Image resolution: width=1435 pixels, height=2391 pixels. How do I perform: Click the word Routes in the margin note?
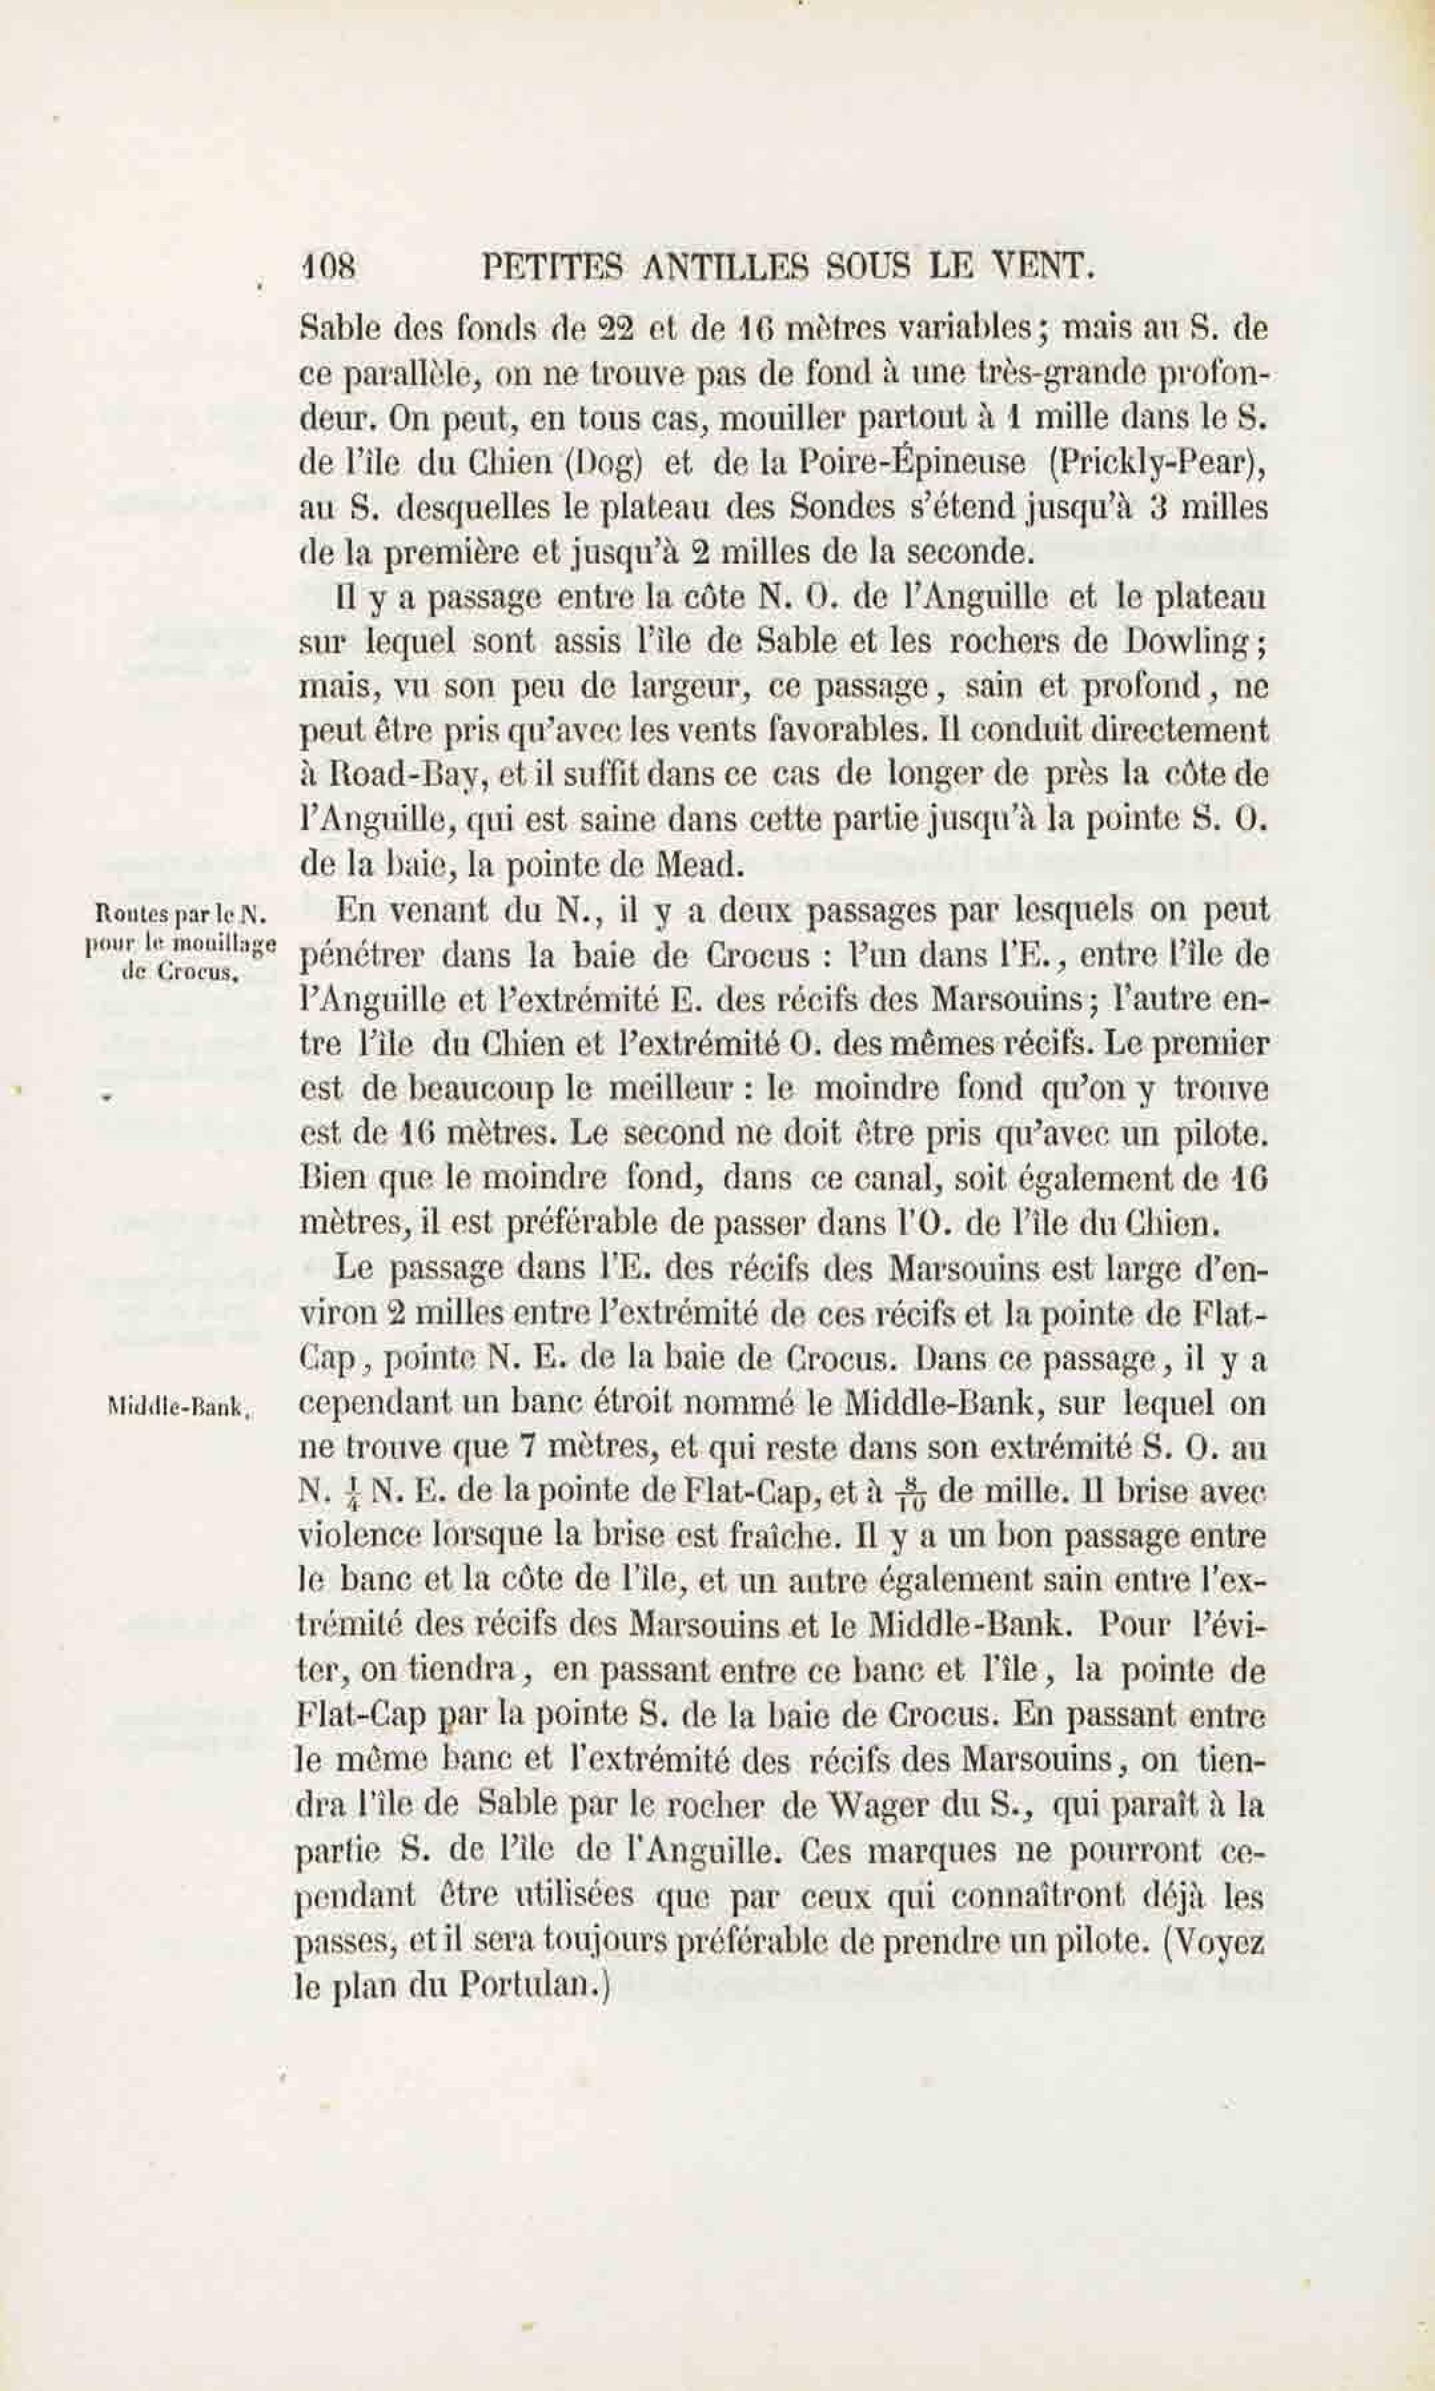point(126,911)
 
